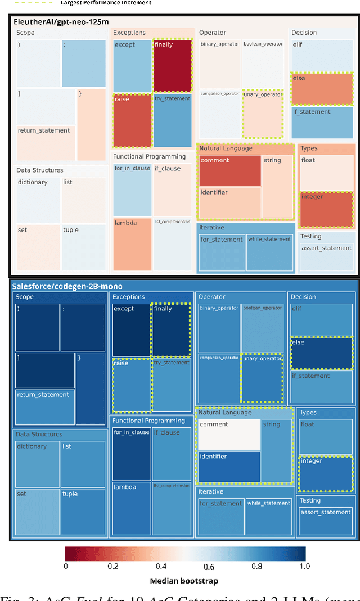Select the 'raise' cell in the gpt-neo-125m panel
pos(132,121)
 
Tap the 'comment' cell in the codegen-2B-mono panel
pos(229,433)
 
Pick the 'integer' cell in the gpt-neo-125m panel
pos(326,209)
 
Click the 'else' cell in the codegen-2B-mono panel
pos(322,353)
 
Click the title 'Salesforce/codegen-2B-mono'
pos(67,286)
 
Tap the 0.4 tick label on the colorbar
pos(161,566)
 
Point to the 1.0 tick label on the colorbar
pos(304,566)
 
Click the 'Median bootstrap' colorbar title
pos(184,580)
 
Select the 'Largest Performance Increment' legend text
pos(106,3)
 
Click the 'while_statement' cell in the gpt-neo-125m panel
pos(269,252)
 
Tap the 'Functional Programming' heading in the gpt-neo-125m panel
pos(149,156)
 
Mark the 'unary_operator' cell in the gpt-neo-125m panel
pos(262,114)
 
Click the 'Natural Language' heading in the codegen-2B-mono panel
pos(225,412)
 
